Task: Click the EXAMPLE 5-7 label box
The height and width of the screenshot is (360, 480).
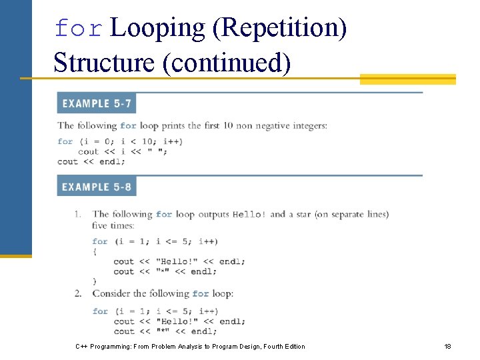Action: pos(97,103)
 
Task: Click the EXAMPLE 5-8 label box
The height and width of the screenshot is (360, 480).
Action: pos(97,187)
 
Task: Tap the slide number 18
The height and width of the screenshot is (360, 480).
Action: pos(447,346)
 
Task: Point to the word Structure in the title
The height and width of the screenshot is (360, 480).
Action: pos(104,63)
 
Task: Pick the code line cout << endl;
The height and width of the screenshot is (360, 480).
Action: pos(87,161)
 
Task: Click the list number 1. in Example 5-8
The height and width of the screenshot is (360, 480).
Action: pos(77,214)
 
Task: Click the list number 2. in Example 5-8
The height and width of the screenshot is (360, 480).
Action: pos(77,293)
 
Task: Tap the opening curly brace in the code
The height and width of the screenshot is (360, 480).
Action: pos(95,251)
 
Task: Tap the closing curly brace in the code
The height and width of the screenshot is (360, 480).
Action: pos(95,281)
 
